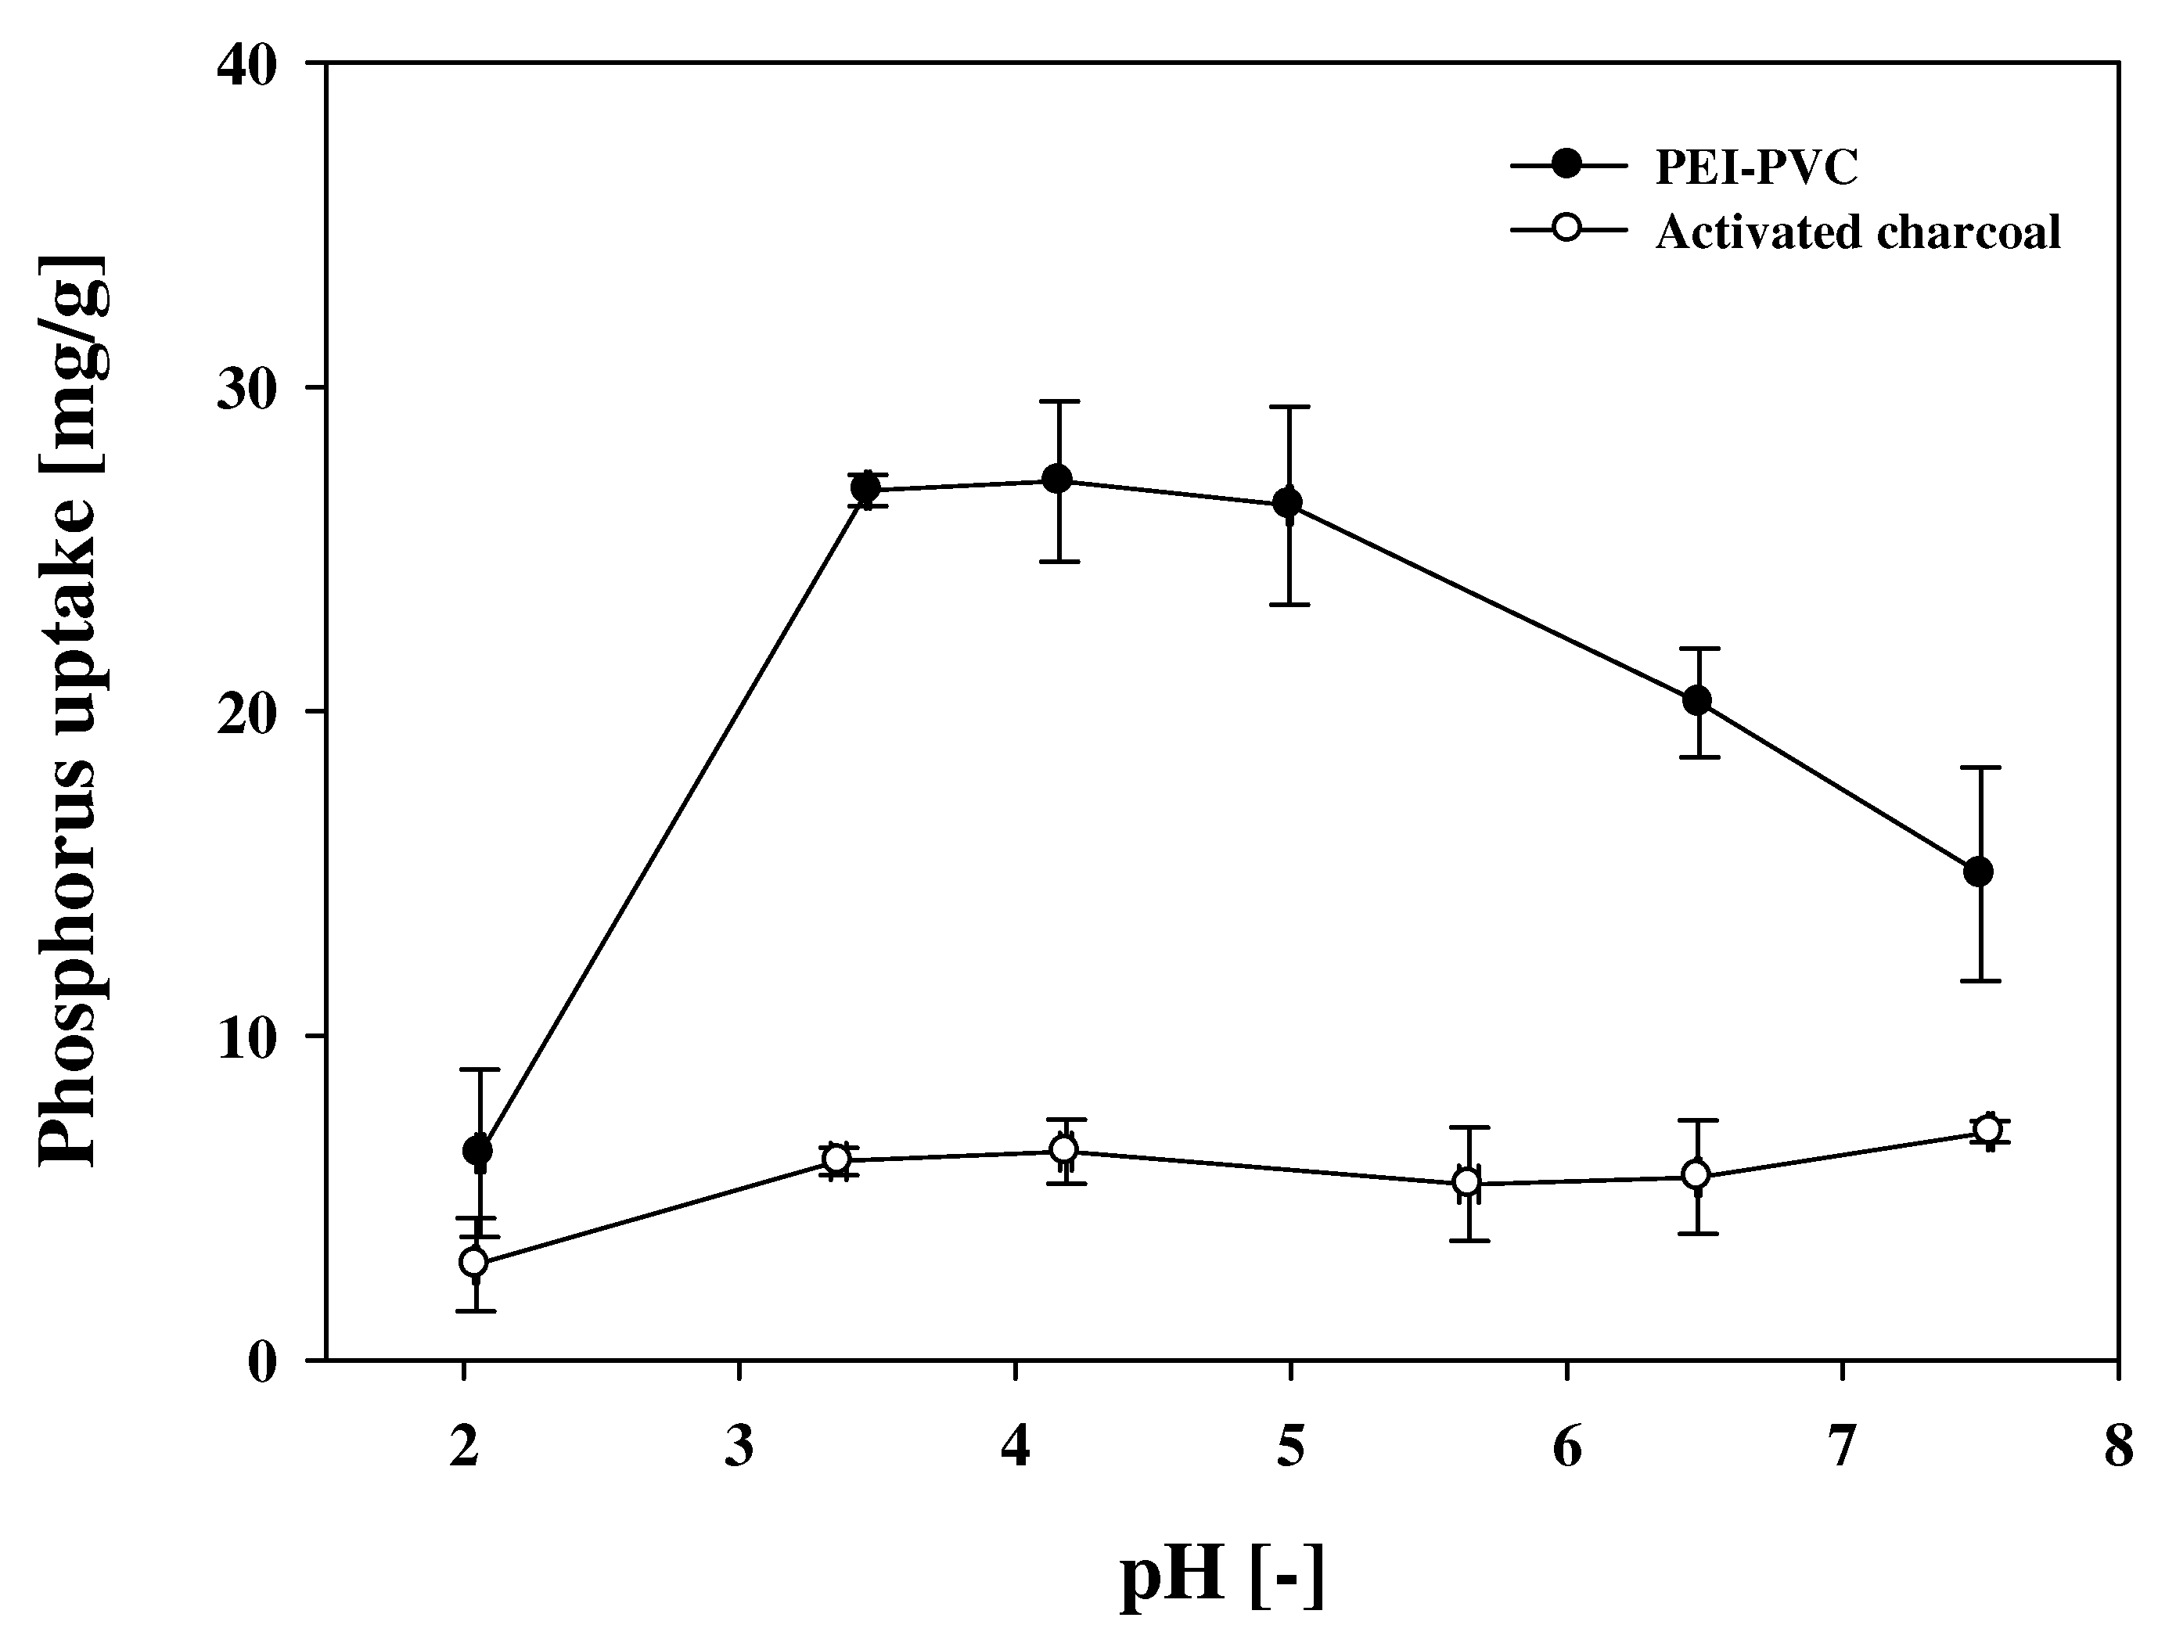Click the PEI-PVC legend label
(x=1756, y=167)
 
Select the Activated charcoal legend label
(x=1858, y=232)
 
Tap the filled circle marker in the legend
(x=1568, y=166)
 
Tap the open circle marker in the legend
(x=1568, y=230)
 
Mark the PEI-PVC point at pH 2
(x=477, y=1150)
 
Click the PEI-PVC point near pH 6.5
(x=1697, y=699)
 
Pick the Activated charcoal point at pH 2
(x=474, y=1262)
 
